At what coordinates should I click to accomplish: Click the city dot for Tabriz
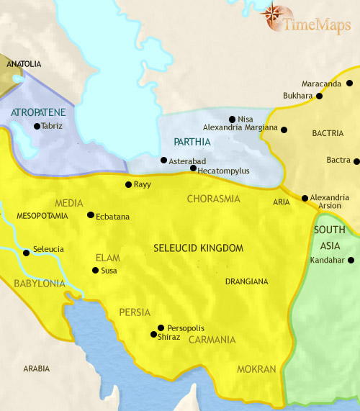coord(36,127)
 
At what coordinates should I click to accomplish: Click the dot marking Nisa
coord(231,119)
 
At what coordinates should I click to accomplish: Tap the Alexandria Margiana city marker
coord(284,130)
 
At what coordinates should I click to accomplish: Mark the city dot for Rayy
coord(128,185)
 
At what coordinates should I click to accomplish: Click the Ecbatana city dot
coord(90,215)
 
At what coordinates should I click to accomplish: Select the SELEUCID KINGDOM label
coord(199,248)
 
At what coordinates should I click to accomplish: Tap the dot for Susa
coord(94,271)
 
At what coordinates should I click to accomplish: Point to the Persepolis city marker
coord(161,328)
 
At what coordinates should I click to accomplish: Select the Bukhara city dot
coord(318,95)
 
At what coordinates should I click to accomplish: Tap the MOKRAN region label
coord(257,369)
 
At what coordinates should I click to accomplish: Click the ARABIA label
coord(36,369)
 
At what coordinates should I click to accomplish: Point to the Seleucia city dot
coord(27,253)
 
